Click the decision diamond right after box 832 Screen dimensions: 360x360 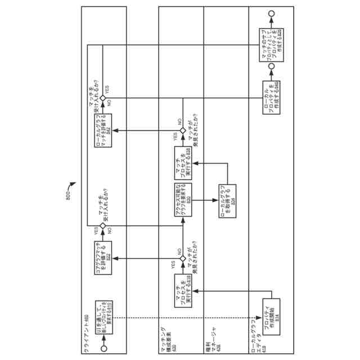[x=103, y=98]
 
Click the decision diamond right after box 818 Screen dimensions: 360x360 [x=183, y=258]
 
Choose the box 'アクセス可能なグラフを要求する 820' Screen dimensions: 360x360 [x=183, y=198]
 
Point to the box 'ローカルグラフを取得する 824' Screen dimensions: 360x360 [x=228, y=198]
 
